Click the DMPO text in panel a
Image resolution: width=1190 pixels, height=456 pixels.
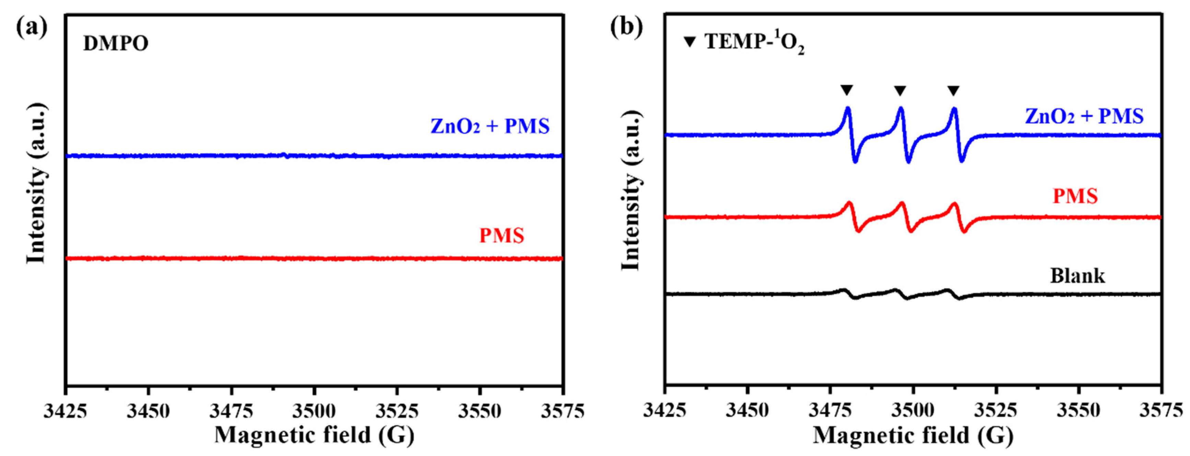tap(116, 44)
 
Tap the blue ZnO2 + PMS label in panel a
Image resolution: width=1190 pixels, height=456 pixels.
tap(490, 126)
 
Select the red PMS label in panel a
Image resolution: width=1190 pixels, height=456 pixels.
tap(502, 236)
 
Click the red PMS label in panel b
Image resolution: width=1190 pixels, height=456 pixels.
tap(1075, 196)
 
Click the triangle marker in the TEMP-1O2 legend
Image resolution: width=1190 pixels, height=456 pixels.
tap(690, 42)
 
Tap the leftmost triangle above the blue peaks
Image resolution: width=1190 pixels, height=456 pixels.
tap(846, 90)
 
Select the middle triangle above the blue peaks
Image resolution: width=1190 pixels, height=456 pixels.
tap(900, 90)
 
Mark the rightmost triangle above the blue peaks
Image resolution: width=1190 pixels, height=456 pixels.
tap(954, 90)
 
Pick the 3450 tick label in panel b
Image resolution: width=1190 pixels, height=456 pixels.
tap(747, 411)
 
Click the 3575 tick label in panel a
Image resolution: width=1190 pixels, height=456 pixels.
tap(562, 411)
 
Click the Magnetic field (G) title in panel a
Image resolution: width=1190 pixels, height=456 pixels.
tap(314, 435)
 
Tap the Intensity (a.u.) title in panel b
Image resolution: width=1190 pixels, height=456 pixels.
tap(631, 190)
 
